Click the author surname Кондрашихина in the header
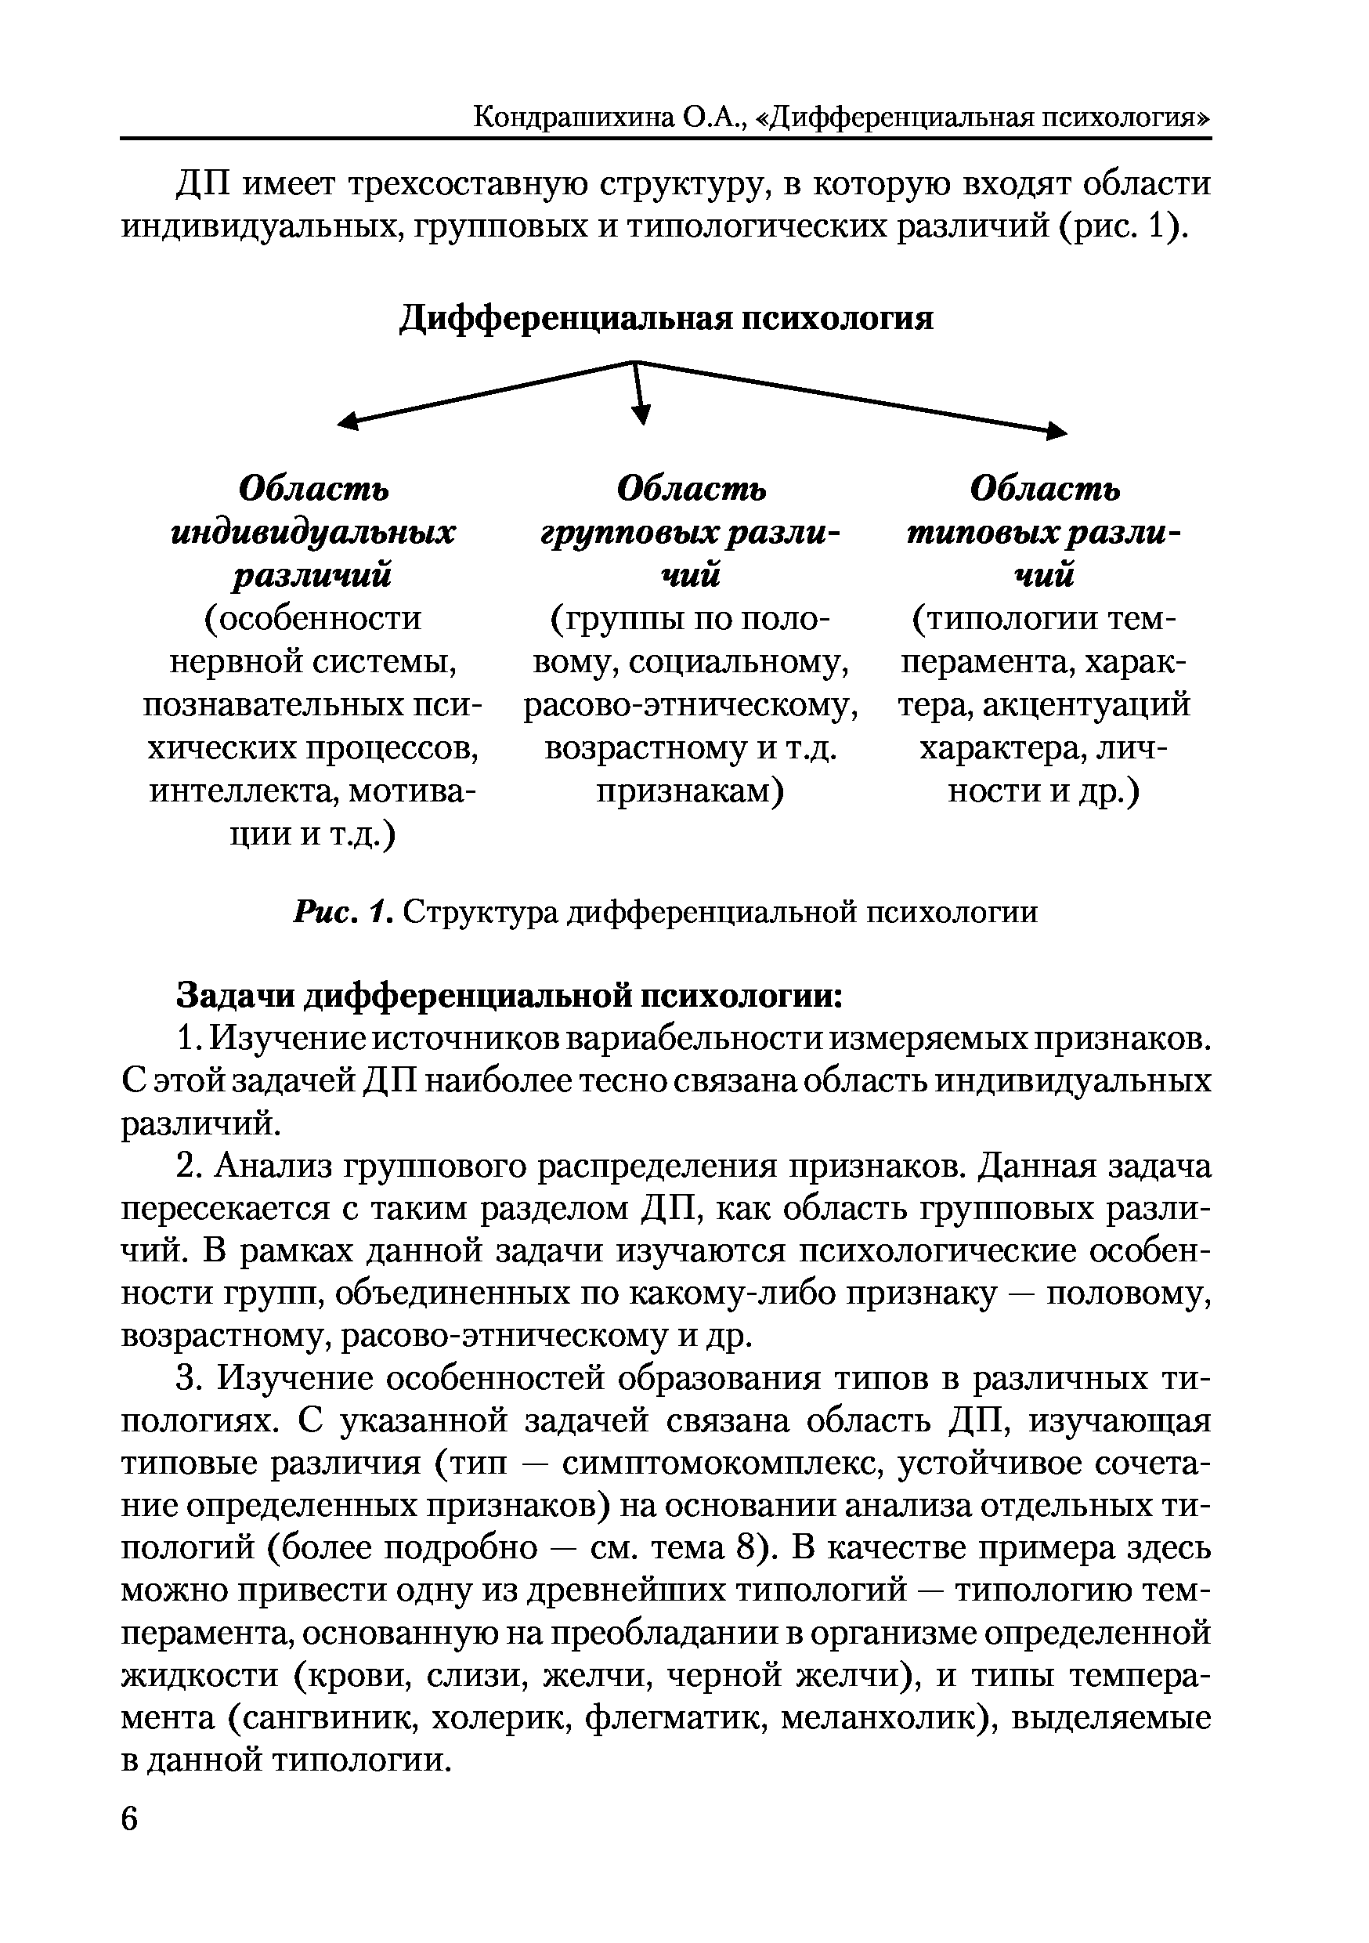click(573, 116)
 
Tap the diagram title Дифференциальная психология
click(666, 318)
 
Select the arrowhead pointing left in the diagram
click(347, 422)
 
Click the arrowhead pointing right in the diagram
click(1057, 432)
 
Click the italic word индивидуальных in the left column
click(313, 533)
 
